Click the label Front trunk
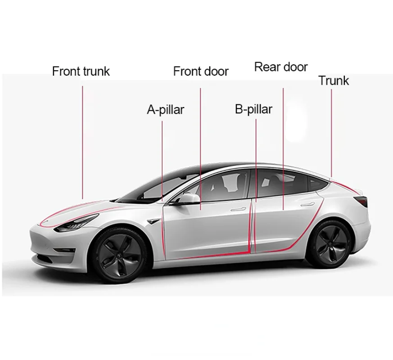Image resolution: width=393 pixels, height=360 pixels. (x=81, y=71)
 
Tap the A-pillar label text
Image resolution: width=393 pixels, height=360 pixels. (x=165, y=109)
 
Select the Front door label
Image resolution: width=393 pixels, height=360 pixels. (x=201, y=71)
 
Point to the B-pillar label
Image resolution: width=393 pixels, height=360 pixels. (x=253, y=109)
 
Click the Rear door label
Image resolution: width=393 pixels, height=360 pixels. (x=281, y=67)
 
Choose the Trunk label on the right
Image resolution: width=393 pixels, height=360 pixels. (x=334, y=81)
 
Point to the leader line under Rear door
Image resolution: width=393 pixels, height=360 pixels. (x=283, y=148)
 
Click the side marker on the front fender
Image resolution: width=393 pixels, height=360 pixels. (x=156, y=220)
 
